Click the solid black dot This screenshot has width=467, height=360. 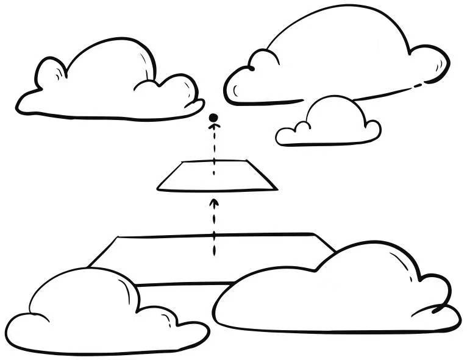(213, 118)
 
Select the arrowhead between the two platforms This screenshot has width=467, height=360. (213, 201)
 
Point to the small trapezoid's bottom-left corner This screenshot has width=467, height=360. (158, 188)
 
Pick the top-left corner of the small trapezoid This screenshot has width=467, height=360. (183, 163)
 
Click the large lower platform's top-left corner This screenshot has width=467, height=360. (116, 238)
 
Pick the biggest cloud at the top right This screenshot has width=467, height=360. (341, 58)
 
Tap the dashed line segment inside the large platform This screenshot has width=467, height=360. (213, 244)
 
